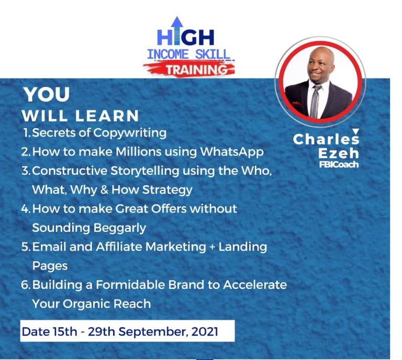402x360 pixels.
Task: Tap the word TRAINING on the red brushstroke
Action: coord(197,70)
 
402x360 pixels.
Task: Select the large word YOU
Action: coord(47,94)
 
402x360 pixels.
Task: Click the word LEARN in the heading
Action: coord(107,116)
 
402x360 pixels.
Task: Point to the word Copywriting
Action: coord(130,133)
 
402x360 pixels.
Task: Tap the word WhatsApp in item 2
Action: coord(232,152)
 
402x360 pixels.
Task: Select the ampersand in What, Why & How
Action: coord(104,190)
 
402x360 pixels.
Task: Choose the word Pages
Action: coord(50,266)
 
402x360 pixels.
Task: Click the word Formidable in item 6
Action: coord(130,285)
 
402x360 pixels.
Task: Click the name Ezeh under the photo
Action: coord(339,153)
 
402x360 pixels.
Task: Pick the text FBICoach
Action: coord(339,165)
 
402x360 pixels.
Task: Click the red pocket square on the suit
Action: coord(297,104)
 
